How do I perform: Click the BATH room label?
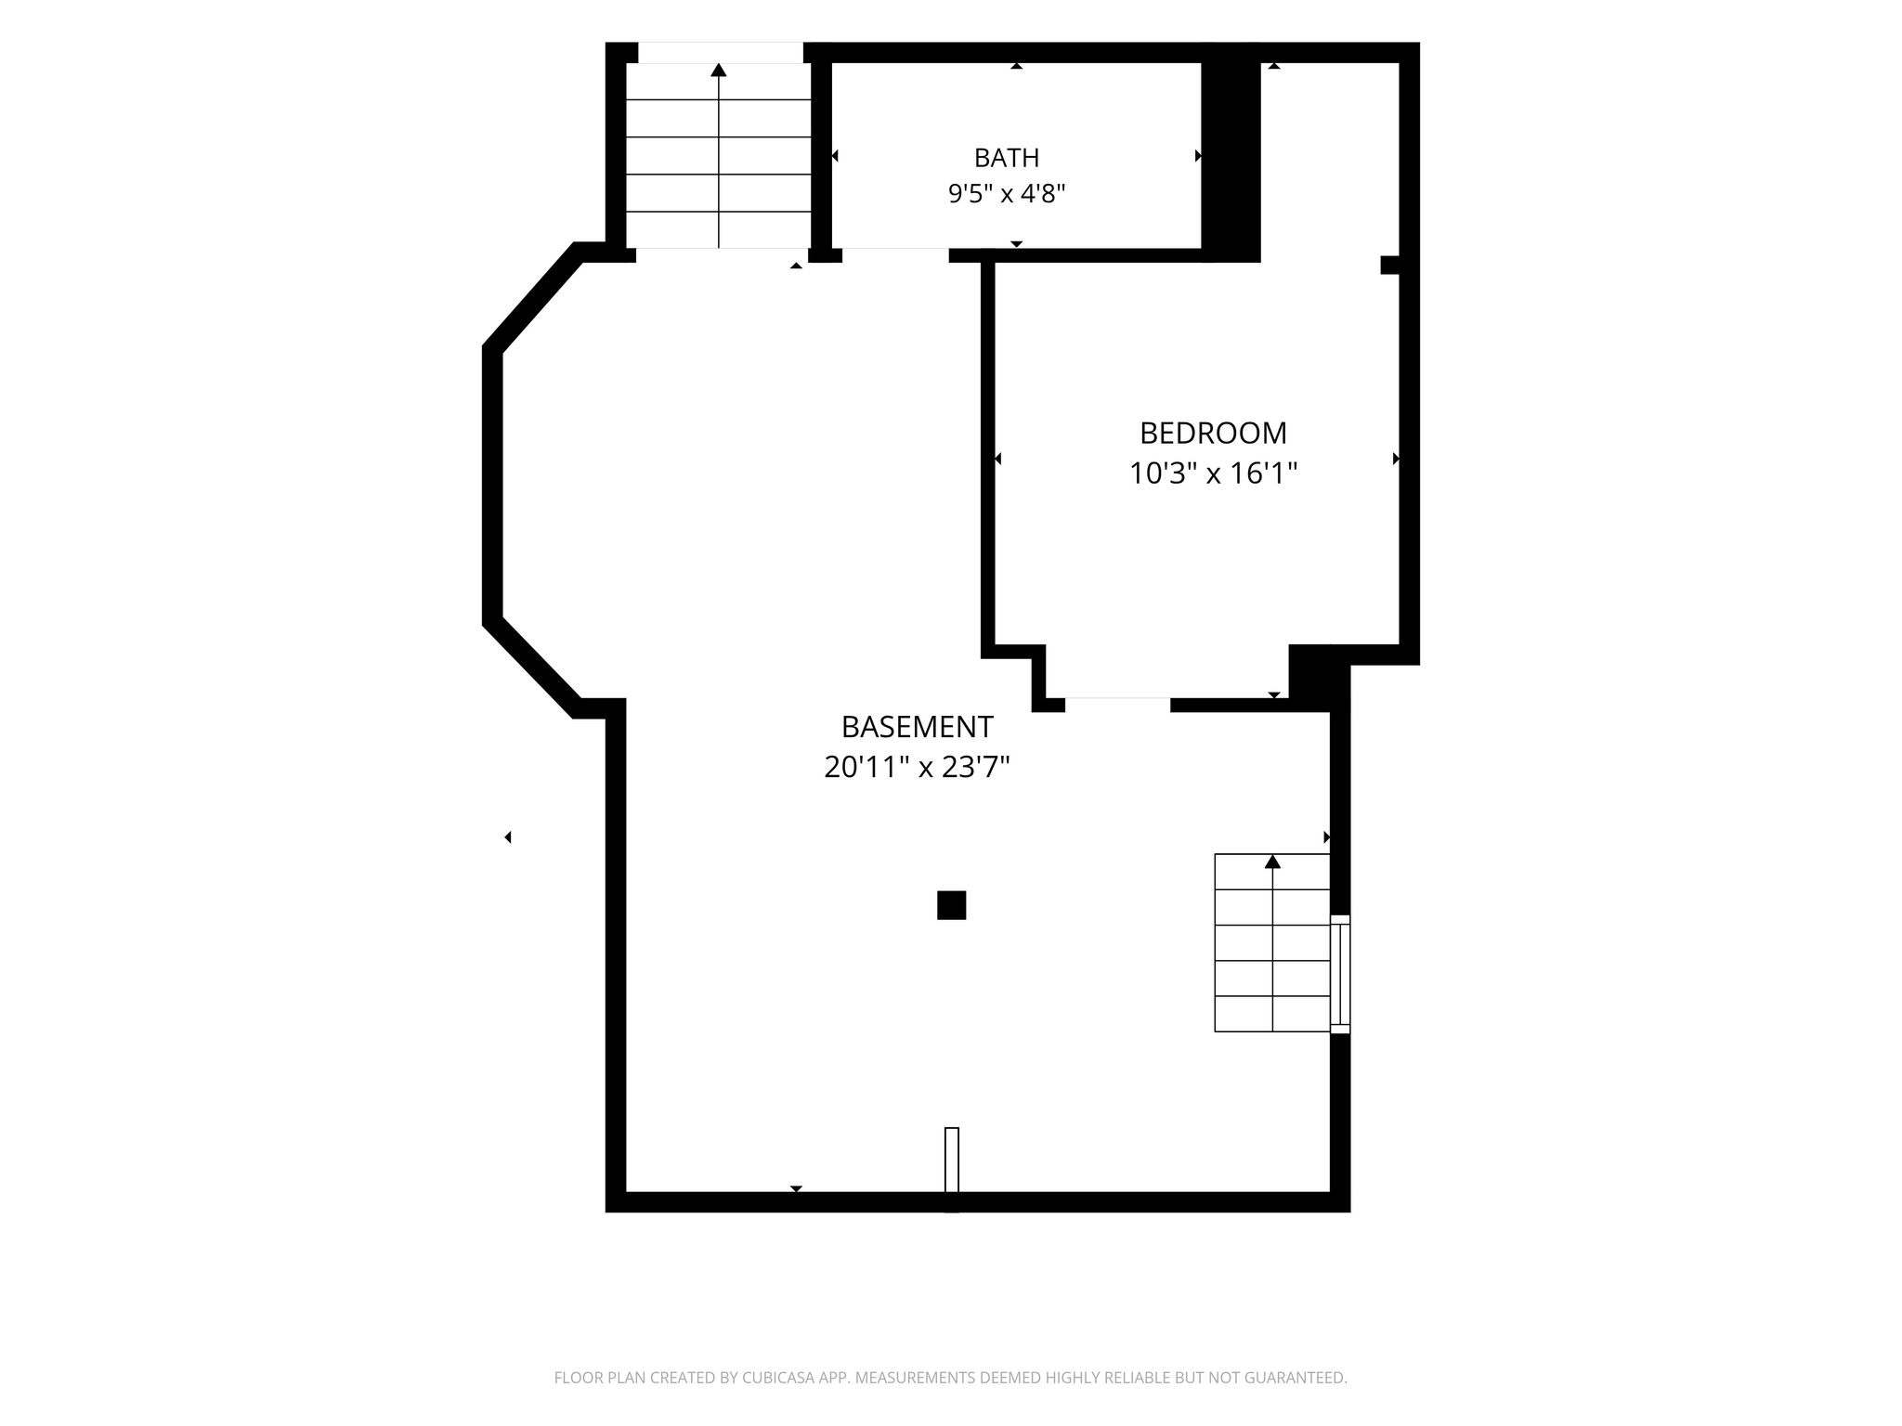[1006, 158]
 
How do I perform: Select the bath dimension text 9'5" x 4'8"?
[1006, 194]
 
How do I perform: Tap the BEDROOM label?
[1213, 434]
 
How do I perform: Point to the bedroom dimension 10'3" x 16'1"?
[1213, 473]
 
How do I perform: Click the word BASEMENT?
[917, 726]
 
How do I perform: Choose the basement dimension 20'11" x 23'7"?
[917, 767]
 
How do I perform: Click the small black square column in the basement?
[951, 904]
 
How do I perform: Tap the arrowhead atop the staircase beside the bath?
[719, 70]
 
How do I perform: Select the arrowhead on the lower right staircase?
[1272, 862]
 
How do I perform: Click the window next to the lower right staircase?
[1340, 974]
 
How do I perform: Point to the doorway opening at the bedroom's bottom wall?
[1117, 705]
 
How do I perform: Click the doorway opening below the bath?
[895, 255]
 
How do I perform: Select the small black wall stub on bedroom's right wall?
[1389, 265]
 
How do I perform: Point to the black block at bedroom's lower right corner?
[1319, 678]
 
